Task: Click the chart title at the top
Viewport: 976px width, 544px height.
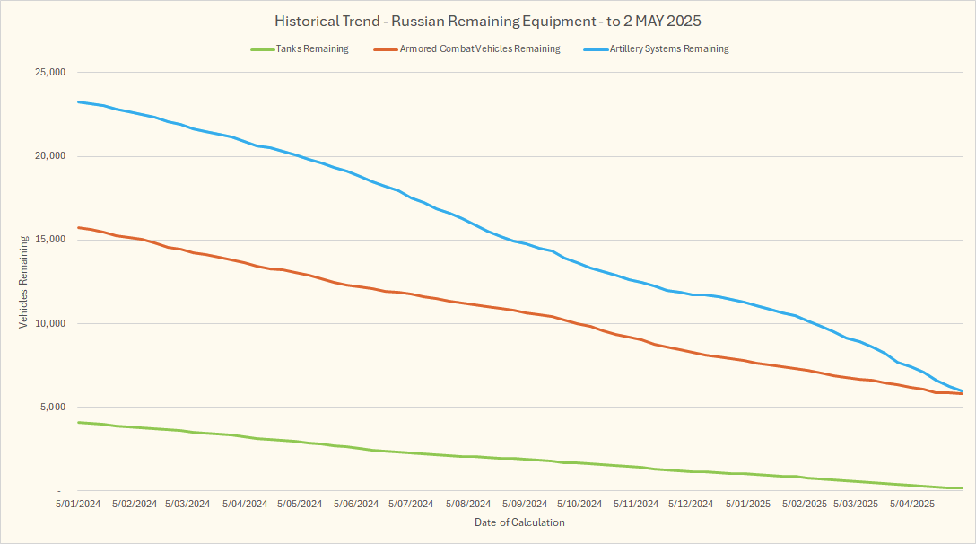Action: [x=488, y=21]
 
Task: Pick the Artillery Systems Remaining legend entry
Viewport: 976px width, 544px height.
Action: [x=669, y=49]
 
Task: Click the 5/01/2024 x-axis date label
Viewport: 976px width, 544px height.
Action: [x=77, y=505]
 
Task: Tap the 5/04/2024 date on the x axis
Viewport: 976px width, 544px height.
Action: [x=244, y=505]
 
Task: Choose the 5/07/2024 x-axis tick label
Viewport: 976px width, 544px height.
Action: [x=411, y=505]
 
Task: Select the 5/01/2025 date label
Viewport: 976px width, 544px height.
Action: [x=747, y=505]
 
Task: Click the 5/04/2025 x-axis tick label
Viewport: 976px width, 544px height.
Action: [x=912, y=505]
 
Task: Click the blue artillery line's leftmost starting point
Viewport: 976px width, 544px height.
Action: [x=79, y=101]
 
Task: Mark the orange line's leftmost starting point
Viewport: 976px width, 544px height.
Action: [x=79, y=227]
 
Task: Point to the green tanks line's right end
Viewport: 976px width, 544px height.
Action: [x=962, y=487]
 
